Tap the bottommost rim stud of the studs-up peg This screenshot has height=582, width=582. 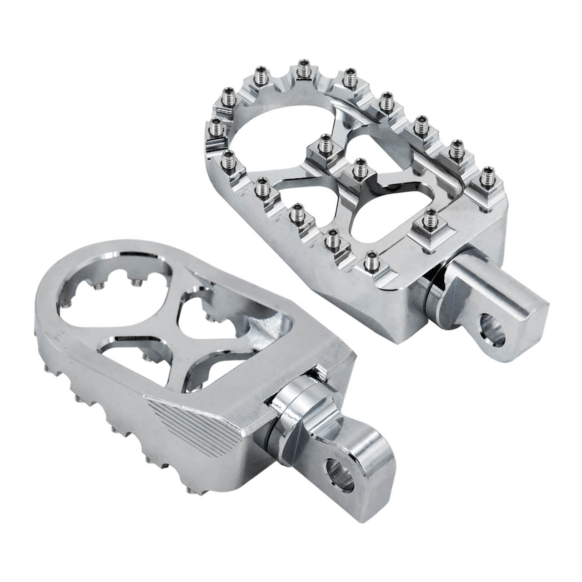click(370, 261)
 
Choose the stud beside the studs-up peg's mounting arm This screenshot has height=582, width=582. click(428, 222)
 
